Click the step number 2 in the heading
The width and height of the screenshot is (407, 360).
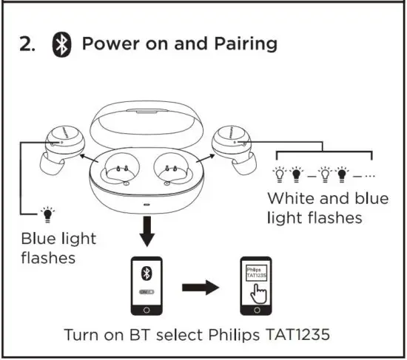[x=27, y=44]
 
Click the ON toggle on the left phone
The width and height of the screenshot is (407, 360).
[x=147, y=291]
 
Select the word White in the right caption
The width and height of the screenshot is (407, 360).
[x=289, y=198]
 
